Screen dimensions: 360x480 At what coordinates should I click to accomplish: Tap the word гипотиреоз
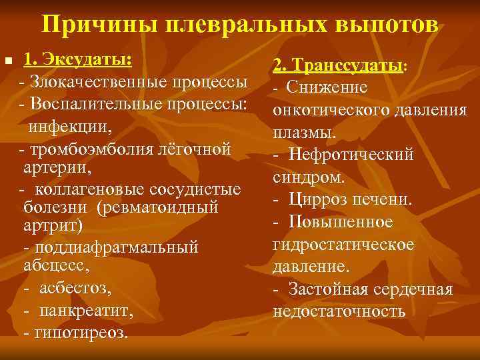(83, 332)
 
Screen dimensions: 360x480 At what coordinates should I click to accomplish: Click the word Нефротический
(351, 155)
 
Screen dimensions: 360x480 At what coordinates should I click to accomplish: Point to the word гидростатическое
(343, 245)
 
